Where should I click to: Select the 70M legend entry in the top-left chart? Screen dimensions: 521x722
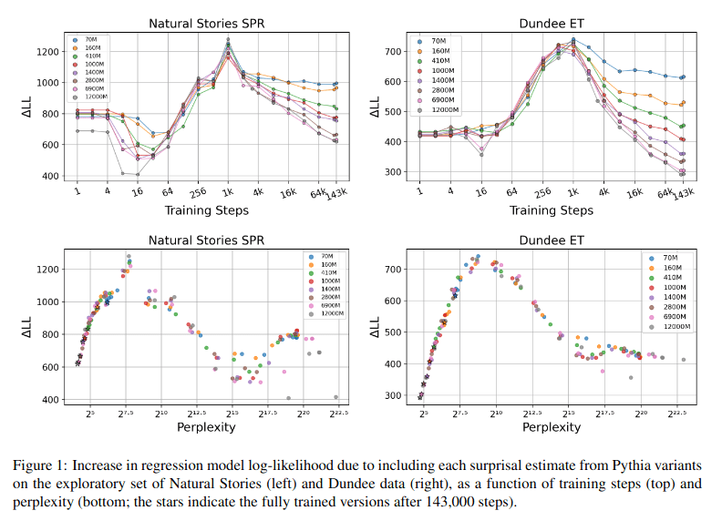[x=94, y=41]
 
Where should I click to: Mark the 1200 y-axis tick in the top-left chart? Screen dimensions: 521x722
[x=57, y=51]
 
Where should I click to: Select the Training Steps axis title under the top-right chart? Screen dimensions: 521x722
[x=550, y=210]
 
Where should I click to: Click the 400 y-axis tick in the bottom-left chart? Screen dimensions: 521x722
[x=58, y=399]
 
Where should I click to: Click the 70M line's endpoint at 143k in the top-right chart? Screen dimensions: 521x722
[x=683, y=77]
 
